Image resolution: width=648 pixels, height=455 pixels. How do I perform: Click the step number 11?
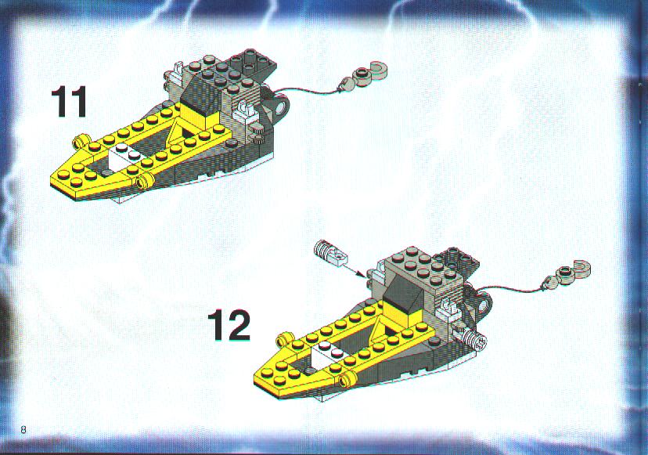[x=69, y=101]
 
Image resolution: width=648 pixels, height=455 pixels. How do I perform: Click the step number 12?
[x=229, y=326]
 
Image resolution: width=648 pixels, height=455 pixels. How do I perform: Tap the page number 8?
[x=23, y=429]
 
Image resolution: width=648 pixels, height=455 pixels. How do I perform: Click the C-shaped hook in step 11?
[x=377, y=73]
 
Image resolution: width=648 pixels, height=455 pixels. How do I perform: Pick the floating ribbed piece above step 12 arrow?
[x=331, y=252]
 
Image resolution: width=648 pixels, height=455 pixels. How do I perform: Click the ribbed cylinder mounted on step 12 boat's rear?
[x=472, y=339]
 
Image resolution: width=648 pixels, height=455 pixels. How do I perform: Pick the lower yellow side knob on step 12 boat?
[x=348, y=377]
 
